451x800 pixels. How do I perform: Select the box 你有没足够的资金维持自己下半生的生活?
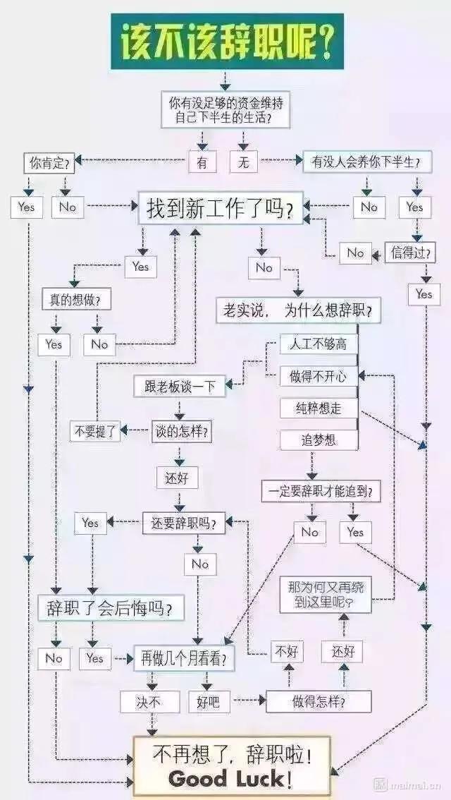pos(226,110)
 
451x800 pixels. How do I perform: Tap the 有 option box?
pos(202,162)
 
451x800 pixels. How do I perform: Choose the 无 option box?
pos(243,162)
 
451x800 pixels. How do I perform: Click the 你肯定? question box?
pos(49,164)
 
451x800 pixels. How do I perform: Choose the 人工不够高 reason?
pos(318,344)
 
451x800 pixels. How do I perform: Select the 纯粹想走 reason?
pos(318,408)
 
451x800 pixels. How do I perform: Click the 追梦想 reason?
pos(318,440)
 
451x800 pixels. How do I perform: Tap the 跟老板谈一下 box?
pos(179,386)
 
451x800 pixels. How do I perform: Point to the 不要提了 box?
pos(95,431)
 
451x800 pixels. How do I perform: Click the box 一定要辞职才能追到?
pos(321,491)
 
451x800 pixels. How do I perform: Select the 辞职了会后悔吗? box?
pos(111,606)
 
